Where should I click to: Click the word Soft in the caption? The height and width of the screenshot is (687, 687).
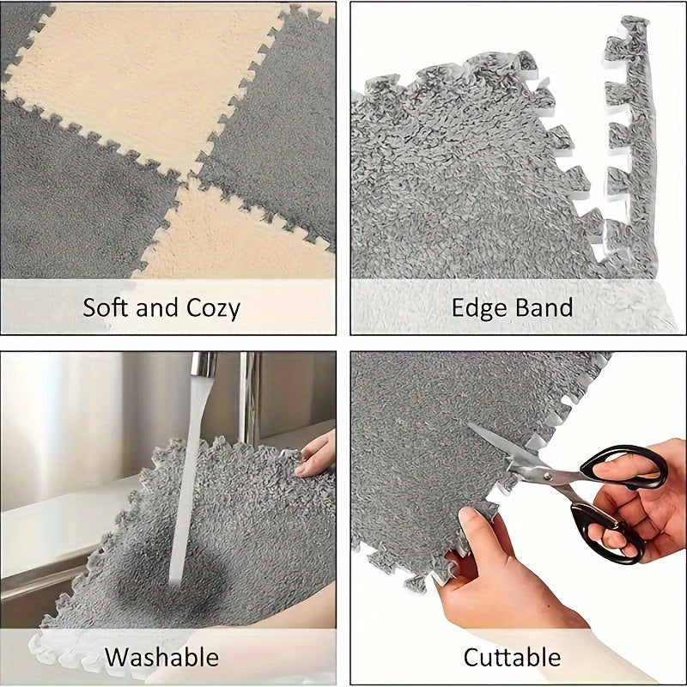pyautogui.click(x=107, y=307)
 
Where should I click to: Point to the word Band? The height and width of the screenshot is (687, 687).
pyautogui.click(x=544, y=307)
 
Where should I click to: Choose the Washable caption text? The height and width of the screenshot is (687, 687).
pyautogui.click(x=161, y=658)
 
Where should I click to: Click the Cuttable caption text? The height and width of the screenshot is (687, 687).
pyautogui.click(x=512, y=658)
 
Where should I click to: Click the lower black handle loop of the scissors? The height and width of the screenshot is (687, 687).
pyautogui.click(x=606, y=530)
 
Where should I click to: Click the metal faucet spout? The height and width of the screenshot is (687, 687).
pyautogui.click(x=204, y=365)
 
